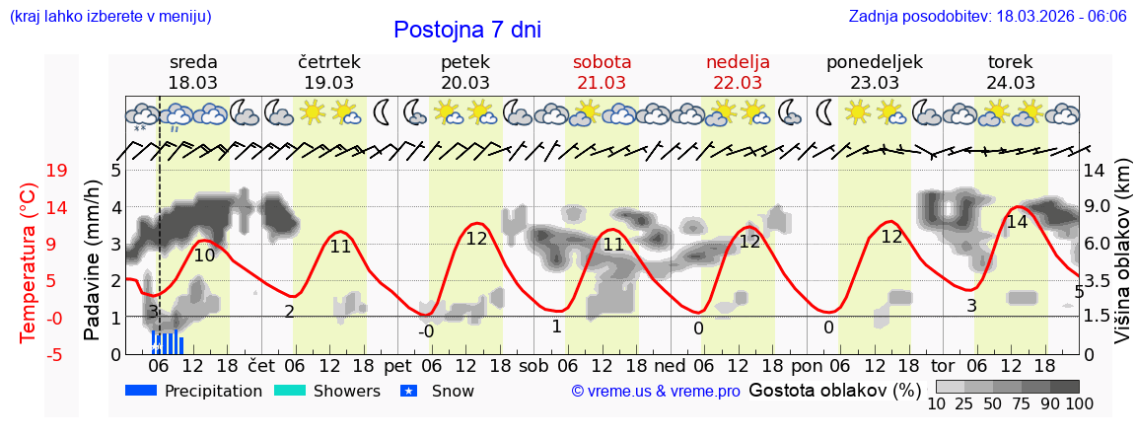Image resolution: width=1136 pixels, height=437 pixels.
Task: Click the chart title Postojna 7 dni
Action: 467,30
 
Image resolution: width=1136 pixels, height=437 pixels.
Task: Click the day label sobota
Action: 602,62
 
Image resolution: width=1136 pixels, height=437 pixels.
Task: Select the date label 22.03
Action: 738,83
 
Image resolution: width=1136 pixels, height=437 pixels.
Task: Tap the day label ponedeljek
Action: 874,62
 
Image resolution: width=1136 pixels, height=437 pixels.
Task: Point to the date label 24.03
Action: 1011,83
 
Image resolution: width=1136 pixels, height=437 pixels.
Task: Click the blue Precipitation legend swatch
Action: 142,391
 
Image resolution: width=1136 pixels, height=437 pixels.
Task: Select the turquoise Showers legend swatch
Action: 290,391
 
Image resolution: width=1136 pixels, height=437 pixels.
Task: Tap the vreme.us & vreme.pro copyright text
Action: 656,392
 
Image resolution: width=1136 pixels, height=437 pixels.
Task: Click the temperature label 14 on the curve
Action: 1017,223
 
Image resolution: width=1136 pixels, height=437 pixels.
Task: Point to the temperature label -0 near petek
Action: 425,331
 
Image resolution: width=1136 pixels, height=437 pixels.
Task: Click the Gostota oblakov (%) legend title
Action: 834,390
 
